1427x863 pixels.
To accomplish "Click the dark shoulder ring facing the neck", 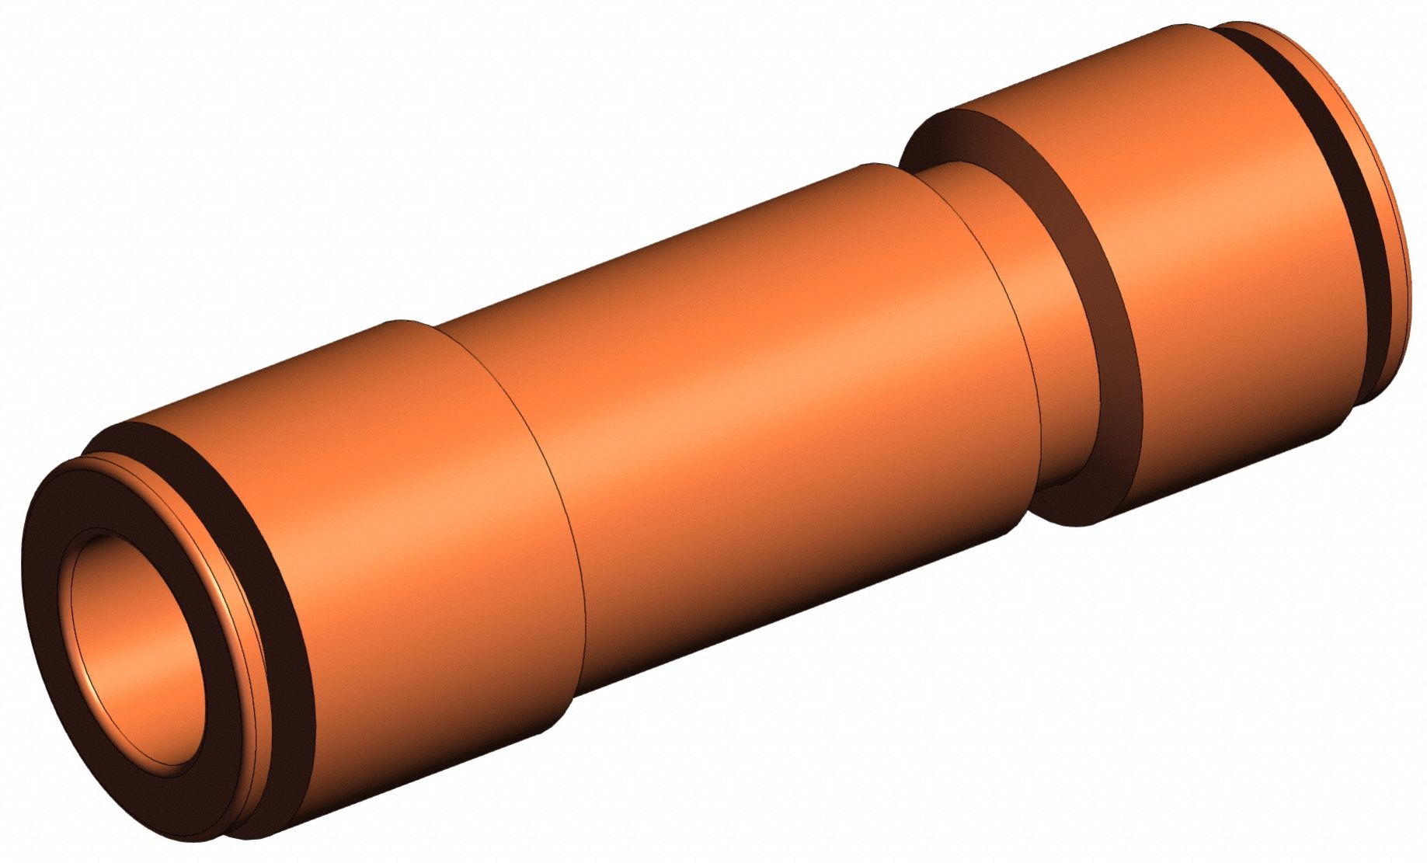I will [x=1088, y=311].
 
